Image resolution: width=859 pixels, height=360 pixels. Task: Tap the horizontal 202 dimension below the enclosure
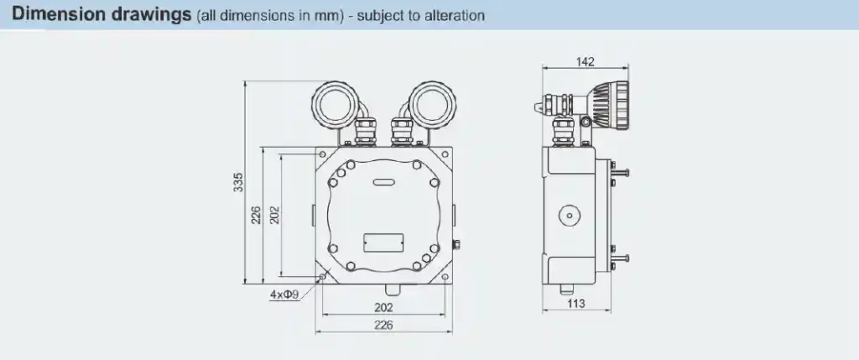pos(383,308)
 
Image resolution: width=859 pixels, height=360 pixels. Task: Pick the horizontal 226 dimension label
pos(383,325)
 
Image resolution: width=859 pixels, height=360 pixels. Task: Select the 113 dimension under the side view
pos(575,304)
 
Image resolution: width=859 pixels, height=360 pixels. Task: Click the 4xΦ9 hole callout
pos(284,295)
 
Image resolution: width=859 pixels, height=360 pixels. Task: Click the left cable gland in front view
pos(367,133)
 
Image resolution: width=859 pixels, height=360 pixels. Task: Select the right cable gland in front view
pos(399,133)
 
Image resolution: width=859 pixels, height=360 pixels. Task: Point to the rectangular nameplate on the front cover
pos(383,242)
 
